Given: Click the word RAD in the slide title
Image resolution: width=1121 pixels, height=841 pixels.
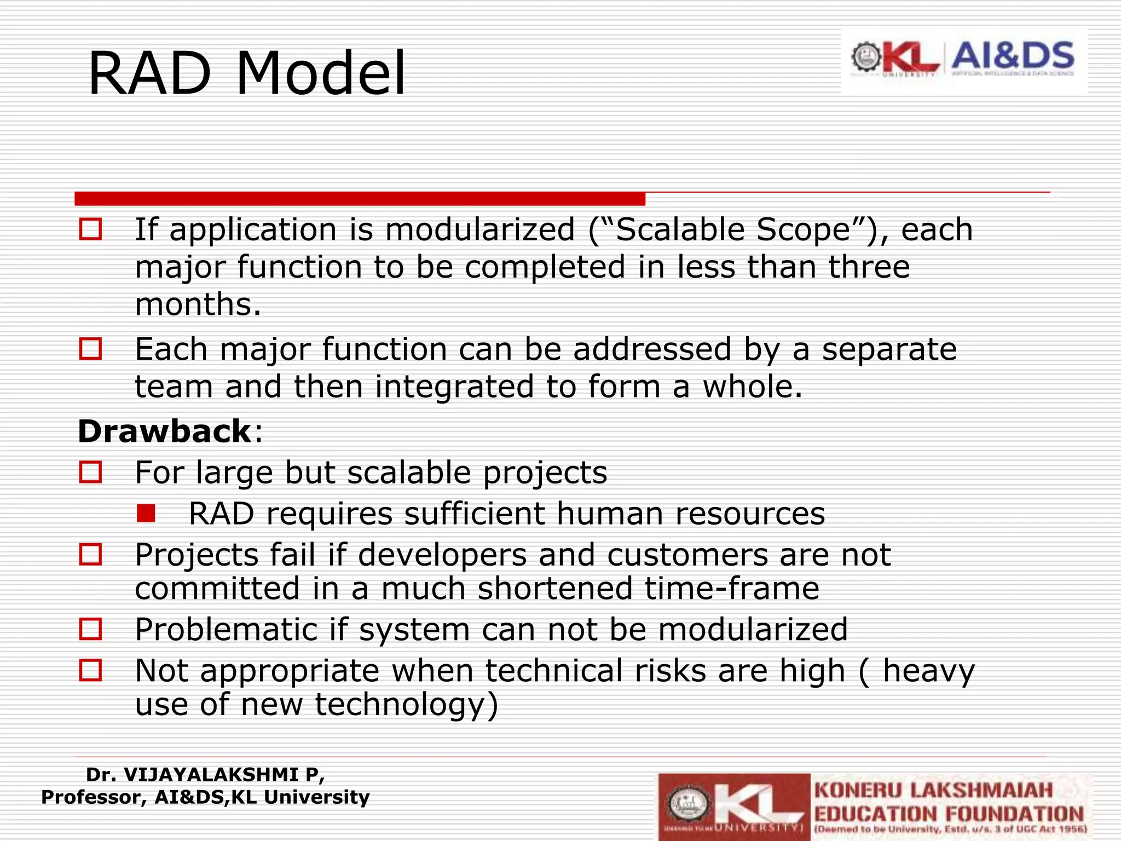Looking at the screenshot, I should coord(149,74).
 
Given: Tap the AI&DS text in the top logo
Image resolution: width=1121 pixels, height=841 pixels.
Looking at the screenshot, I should coord(1013,56).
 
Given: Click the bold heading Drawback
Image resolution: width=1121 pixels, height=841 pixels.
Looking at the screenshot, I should coord(164,431).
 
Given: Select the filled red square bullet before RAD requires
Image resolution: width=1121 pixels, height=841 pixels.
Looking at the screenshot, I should coord(146,514).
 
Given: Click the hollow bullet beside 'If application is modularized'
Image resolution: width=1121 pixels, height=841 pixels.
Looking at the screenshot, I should coord(90,229).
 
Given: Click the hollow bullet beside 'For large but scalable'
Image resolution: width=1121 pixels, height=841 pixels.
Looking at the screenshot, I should coord(90,473).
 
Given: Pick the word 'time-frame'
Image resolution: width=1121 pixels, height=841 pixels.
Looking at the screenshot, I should coord(731,589).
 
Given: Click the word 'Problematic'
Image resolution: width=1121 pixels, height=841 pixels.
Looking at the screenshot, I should coord(226,630).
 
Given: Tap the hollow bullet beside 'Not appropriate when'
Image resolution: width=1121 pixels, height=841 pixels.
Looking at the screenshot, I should coord(90,670).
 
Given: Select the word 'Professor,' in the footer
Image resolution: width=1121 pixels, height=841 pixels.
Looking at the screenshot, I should coord(94,797).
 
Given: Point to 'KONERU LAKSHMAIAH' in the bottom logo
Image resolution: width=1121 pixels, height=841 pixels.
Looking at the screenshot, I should coord(933,791).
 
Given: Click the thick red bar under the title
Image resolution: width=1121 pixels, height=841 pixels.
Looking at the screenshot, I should coord(360,198).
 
